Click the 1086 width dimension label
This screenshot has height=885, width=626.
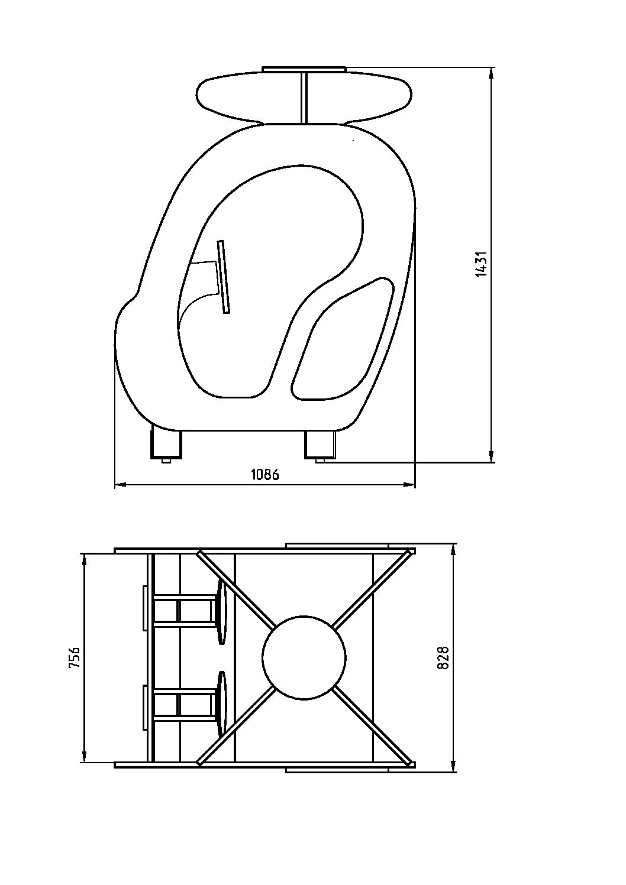click(265, 475)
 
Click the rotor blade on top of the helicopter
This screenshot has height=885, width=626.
click(304, 97)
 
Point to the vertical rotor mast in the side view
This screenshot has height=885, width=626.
click(304, 98)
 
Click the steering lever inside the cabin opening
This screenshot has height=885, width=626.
click(224, 277)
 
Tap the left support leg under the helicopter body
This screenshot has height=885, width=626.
click(166, 445)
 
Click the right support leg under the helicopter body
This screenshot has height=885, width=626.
click(320, 445)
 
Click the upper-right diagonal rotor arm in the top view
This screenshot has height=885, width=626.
click(373, 589)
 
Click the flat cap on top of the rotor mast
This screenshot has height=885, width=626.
click(304, 69)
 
